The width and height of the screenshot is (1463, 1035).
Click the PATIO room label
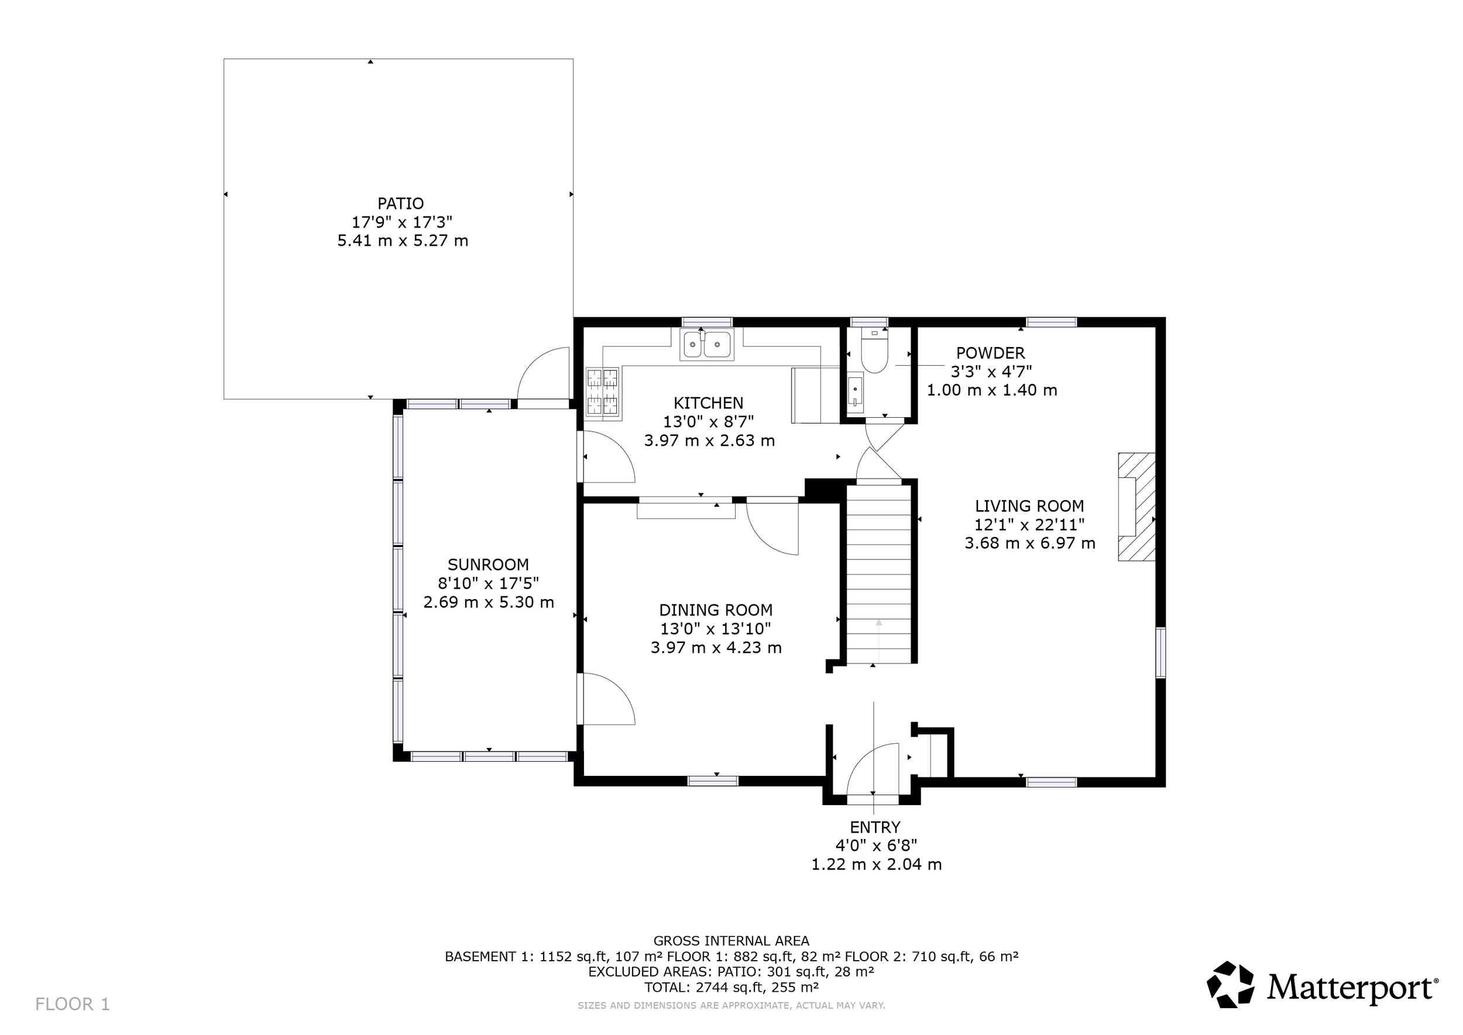(400, 203)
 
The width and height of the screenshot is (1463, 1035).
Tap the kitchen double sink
(707, 344)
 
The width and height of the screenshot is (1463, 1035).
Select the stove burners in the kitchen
(602, 393)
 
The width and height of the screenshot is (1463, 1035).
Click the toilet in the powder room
(874, 350)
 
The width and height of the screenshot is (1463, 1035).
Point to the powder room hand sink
(855, 393)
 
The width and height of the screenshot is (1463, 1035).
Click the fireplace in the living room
(1136, 507)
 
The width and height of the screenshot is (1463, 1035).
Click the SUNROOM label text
(488, 565)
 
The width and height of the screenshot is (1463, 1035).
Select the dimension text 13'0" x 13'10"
(716, 629)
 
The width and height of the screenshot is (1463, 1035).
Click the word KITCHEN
(708, 403)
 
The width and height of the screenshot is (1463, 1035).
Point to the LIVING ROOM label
(1029, 506)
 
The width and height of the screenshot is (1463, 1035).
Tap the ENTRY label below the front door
(875, 827)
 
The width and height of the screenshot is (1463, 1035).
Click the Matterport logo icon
(1230, 985)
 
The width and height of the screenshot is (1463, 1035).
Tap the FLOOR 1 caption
(73, 1005)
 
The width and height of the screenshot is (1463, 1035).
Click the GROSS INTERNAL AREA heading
(731, 941)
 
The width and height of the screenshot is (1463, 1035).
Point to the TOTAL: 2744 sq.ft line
(731, 987)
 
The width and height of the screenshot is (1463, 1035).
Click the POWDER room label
(991, 353)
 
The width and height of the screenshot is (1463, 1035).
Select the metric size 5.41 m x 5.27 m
(403, 241)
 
